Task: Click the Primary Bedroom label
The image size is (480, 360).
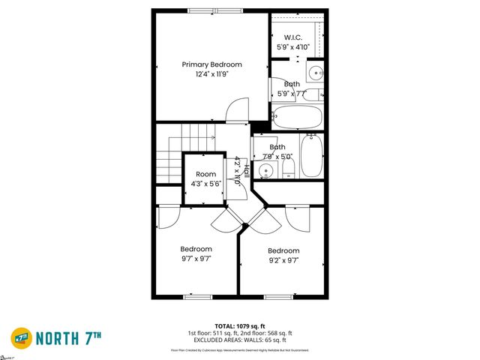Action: point(212,64)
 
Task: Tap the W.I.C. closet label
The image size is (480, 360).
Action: point(292,37)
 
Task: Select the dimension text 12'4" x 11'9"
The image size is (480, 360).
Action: point(212,74)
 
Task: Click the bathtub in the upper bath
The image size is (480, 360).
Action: point(297,116)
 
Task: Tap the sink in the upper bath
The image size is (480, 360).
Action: point(315,73)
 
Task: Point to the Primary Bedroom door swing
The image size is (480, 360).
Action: point(235,109)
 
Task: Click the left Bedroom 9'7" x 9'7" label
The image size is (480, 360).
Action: point(196,253)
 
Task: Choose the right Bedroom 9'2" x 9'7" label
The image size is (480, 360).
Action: point(283,255)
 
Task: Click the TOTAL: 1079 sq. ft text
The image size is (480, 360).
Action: point(240,325)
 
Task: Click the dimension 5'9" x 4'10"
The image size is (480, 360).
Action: point(292,46)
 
